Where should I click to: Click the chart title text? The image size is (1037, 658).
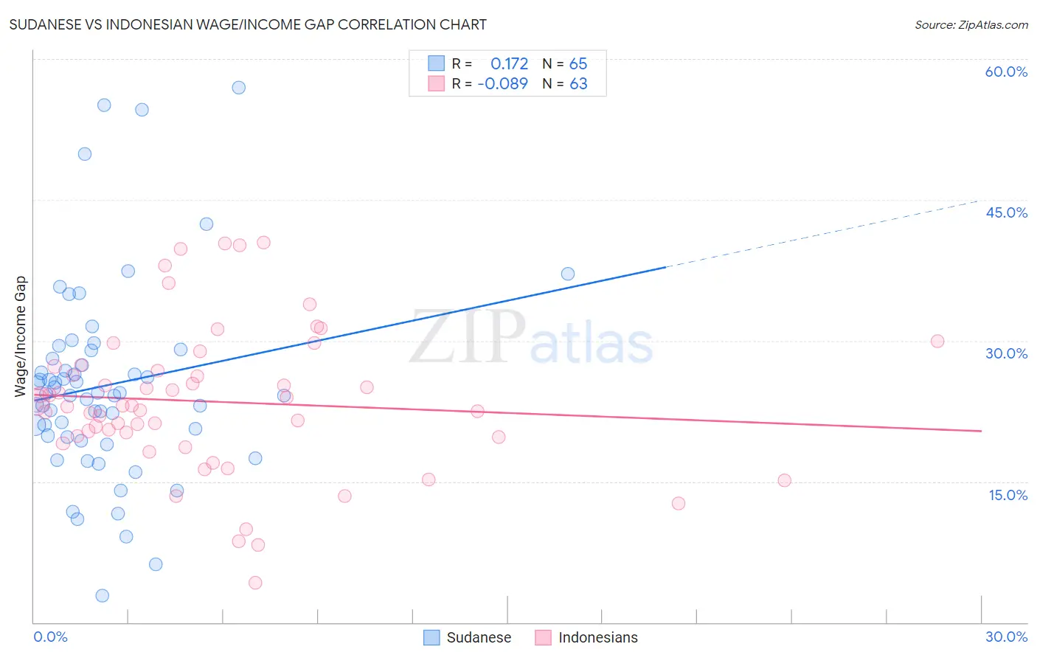(x=248, y=24)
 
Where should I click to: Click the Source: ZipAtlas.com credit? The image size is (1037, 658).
(x=971, y=24)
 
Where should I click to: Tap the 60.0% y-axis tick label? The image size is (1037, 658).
(x=1006, y=72)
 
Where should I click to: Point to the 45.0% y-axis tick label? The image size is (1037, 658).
(x=1006, y=212)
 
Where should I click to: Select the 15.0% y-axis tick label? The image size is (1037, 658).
(x=1007, y=495)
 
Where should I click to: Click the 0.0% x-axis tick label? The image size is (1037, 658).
(x=50, y=637)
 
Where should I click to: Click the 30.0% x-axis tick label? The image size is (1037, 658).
(x=1006, y=637)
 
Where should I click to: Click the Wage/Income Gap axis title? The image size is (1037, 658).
(x=21, y=336)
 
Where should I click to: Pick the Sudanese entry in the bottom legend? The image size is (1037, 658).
(x=468, y=637)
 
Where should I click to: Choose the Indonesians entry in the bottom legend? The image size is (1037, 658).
(x=587, y=637)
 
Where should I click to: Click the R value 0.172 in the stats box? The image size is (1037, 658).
(x=509, y=63)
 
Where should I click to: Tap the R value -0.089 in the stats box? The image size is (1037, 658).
(x=503, y=83)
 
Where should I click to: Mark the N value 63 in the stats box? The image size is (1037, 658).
(x=578, y=83)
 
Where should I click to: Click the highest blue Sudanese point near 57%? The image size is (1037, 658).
(x=238, y=88)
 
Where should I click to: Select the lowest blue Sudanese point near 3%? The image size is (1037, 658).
(x=103, y=595)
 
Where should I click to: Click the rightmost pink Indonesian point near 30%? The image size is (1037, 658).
(x=937, y=341)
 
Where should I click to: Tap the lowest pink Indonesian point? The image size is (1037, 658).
(x=255, y=583)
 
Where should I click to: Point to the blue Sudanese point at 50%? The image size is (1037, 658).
(x=85, y=154)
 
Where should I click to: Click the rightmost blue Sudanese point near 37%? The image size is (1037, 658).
(x=568, y=274)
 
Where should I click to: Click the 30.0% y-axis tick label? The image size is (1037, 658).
(x=1006, y=353)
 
